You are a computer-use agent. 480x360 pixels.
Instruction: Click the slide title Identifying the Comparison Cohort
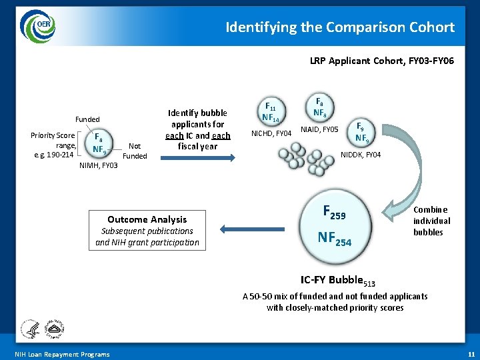[x=340, y=27]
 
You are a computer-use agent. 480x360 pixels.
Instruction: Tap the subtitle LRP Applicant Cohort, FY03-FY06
[x=382, y=61]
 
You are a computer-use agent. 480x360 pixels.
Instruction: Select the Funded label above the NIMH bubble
[x=87, y=119]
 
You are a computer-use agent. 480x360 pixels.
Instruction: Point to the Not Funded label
[x=135, y=151]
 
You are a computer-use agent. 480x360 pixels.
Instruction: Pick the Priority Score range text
[x=53, y=145]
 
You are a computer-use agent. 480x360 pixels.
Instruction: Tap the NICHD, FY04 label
[x=271, y=133]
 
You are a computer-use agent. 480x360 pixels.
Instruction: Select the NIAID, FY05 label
[x=320, y=129]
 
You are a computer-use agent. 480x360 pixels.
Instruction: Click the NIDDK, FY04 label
[x=361, y=155]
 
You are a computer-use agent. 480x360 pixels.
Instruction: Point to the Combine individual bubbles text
[x=431, y=221]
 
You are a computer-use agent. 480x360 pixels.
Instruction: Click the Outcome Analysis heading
[x=147, y=219]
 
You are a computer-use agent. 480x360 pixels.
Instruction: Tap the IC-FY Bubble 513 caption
[x=331, y=281]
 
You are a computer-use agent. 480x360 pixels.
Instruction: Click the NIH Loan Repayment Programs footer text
[x=62, y=354]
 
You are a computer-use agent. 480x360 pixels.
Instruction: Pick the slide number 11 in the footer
[x=471, y=354]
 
